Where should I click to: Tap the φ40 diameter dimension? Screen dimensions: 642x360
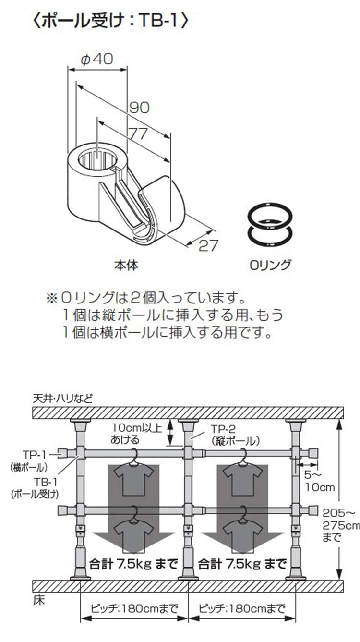pyautogui.click(x=97, y=59)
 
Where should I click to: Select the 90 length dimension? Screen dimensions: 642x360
pyautogui.click(x=139, y=107)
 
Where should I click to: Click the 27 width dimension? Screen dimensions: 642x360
pyautogui.click(x=208, y=245)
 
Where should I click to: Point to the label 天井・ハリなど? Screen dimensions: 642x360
pyautogui.click(x=63, y=398)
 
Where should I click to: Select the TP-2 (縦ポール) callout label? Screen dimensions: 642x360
pyautogui.click(x=235, y=435)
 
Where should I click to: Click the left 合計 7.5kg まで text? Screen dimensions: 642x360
pyautogui.click(x=133, y=562)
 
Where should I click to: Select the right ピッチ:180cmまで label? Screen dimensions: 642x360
pyautogui.click(x=241, y=609)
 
